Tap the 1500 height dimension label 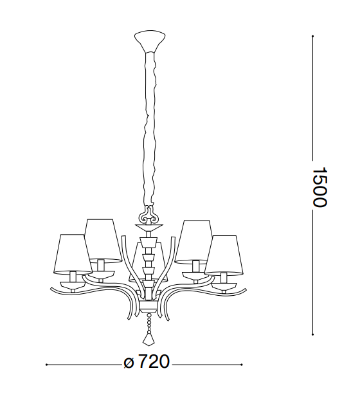[319, 187]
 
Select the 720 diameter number [154, 361]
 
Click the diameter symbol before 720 [129, 363]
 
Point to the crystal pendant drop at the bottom [149, 340]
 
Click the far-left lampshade [73, 254]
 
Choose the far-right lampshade [224, 255]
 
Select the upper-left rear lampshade [103, 241]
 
